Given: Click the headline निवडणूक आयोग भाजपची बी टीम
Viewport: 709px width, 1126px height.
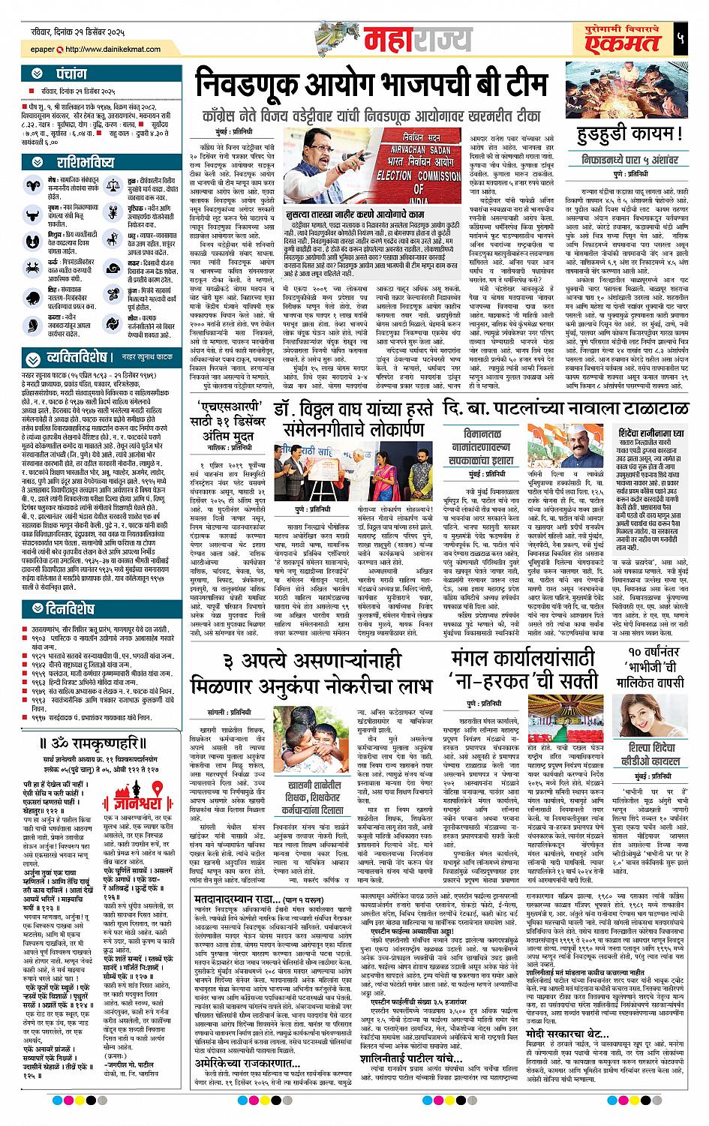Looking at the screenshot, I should [372, 83].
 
